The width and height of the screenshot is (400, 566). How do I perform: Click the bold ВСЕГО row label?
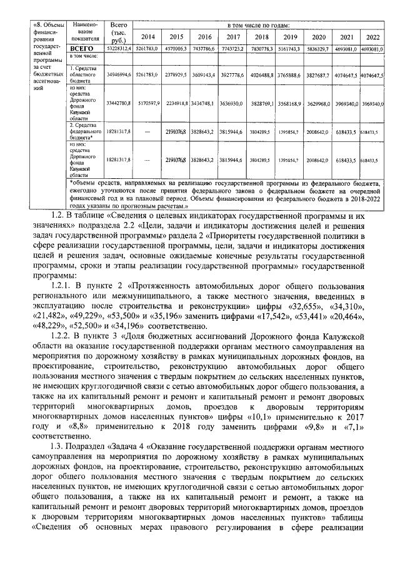(x=81, y=48)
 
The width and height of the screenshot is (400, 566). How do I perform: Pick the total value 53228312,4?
(x=118, y=48)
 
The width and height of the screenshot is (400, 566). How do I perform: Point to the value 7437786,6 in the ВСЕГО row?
(x=206, y=48)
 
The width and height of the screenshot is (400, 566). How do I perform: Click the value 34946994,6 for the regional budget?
(x=118, y=74)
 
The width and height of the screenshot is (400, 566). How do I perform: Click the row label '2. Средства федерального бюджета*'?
(x=84, y=133)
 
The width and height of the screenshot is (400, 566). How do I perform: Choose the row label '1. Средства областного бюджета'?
(x=84, y=74)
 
